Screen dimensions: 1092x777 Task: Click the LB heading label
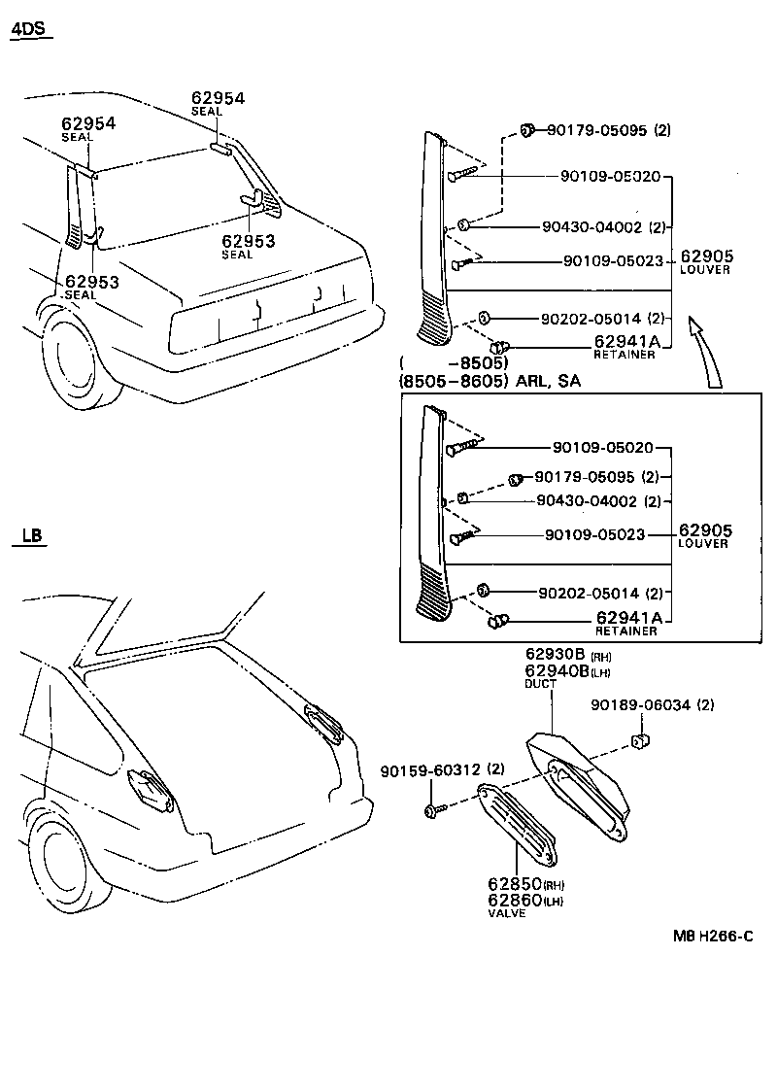[30, 535]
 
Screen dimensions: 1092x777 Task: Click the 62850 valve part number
[514, 885]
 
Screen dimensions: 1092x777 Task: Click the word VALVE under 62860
[506, 913]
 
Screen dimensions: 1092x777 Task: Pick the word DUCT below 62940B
[540, 684]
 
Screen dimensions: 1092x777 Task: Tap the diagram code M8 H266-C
[714, 937]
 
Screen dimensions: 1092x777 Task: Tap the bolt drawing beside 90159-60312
[434, 808]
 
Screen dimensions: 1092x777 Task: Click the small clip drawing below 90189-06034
[640, 743]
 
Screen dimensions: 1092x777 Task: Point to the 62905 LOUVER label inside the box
[704, 535]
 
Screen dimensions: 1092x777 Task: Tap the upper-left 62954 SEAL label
[88, 129]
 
